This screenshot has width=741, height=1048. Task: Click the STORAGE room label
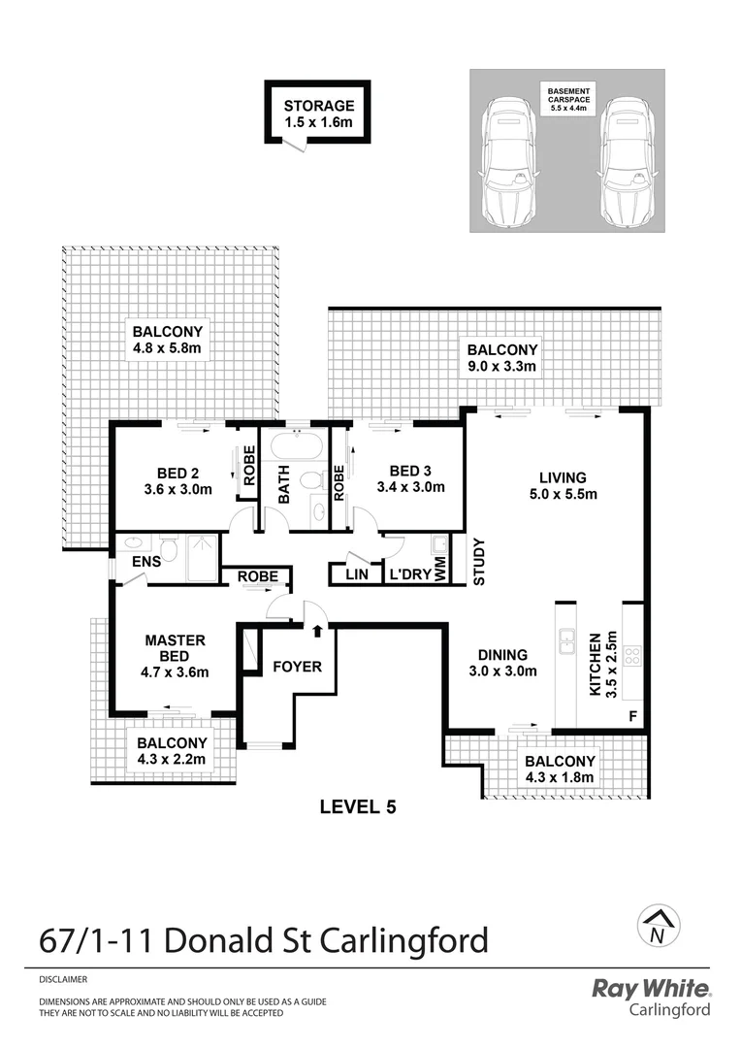[x=318, y=107]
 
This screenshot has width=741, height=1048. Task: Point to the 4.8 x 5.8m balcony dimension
[x=172, y=348]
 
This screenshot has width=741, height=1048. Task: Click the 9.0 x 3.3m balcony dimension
[x=501, y=367]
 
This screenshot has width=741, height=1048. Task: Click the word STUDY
[x=478, y=562]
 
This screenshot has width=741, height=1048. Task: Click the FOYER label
[x=296, y=667]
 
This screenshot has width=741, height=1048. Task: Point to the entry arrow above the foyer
[x=317, y=632]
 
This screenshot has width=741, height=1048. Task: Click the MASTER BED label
[x=175, y=647]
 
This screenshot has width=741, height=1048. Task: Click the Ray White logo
[x=652, y=989]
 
